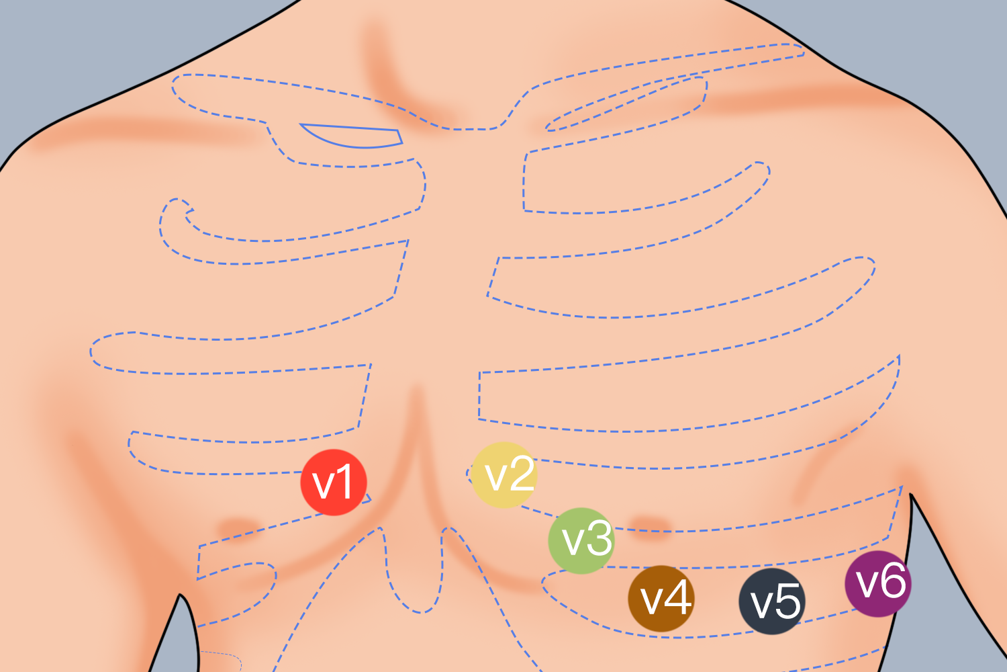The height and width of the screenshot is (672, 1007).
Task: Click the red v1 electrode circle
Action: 334,482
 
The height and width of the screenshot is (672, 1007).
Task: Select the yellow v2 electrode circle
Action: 504,475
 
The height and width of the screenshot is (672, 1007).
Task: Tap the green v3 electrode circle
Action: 581,540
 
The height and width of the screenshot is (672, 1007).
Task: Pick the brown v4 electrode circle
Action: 661,599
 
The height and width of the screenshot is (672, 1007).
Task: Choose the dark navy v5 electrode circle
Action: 772,601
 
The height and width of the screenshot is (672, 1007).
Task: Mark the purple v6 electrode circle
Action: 878,584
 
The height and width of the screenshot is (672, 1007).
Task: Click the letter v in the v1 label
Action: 324,487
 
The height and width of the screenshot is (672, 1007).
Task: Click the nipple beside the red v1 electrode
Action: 238,527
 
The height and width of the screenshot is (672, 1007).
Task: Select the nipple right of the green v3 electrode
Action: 651,526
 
